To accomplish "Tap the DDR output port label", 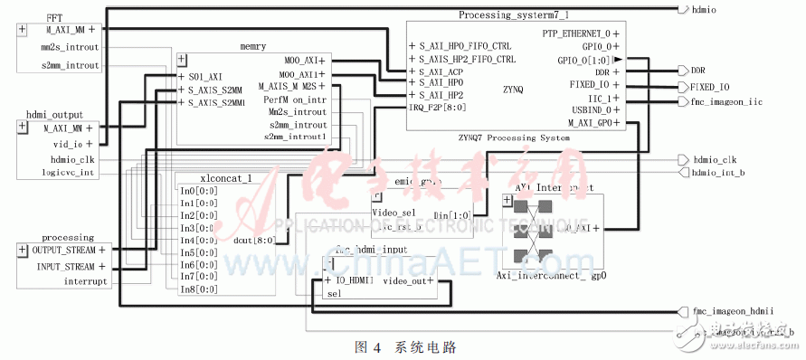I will [697, 70].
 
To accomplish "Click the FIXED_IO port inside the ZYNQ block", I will [596, 84].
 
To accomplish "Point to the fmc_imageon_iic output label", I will [725, 102].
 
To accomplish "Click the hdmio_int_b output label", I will [718, 172].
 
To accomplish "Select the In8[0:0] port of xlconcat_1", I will [199, 289].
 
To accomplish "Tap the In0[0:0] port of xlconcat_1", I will [199, 191].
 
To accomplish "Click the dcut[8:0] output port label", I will [256, 240].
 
